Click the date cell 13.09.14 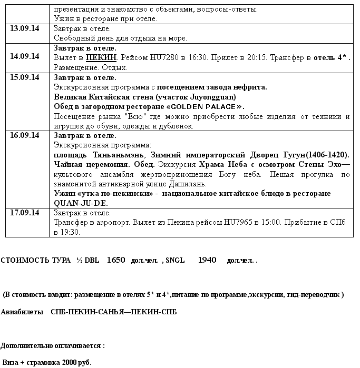[x=25, y=28]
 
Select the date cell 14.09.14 [x=25, y=56]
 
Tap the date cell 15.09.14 [x=25, y=77]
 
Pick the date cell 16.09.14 [x=25, y=135]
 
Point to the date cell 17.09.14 [x=25, y=213]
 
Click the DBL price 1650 [x=116, y=261]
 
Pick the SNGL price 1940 [x=208, y=261]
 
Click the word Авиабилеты [x=22, y=312]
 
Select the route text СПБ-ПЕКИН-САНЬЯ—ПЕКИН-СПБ [x=113, y=312]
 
